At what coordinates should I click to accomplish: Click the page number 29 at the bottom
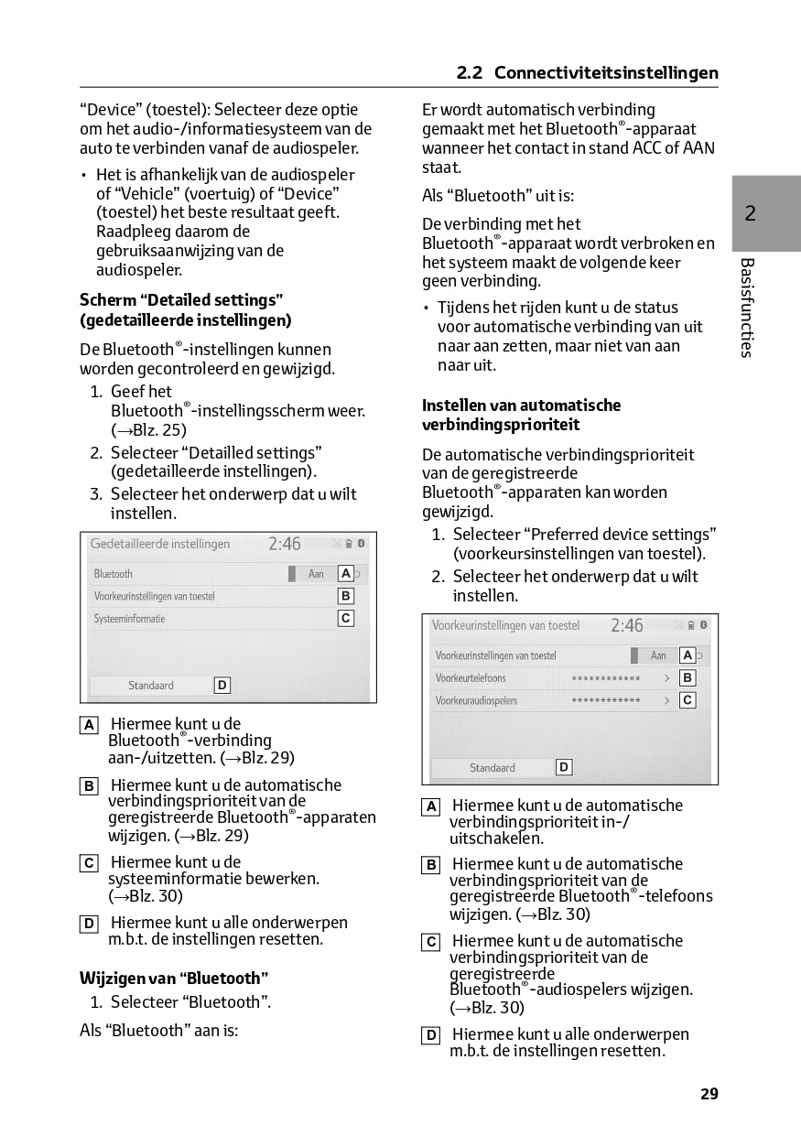709,1094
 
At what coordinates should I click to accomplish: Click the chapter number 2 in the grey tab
750,214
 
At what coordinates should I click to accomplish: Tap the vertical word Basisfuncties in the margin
747,308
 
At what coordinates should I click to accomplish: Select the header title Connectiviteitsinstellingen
606,73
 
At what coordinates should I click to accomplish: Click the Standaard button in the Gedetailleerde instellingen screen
151,686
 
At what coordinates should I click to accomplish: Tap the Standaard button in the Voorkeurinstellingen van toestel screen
493,768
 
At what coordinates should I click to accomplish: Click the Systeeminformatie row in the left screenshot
130,619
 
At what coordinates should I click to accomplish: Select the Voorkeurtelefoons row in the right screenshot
471,678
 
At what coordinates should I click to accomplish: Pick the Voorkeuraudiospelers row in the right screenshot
476,701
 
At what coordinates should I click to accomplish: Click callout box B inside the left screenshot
346,596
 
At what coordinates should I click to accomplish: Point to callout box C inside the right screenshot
687,700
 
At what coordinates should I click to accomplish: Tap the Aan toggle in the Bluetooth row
315,574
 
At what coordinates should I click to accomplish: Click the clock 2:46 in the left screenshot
285,544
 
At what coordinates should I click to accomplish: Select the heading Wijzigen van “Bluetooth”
174,979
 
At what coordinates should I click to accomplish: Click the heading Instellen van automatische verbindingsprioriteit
521,415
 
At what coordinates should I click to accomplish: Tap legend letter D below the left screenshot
89,924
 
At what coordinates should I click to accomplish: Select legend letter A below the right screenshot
430,806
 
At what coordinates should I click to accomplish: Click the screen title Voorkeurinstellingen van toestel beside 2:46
505,626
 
